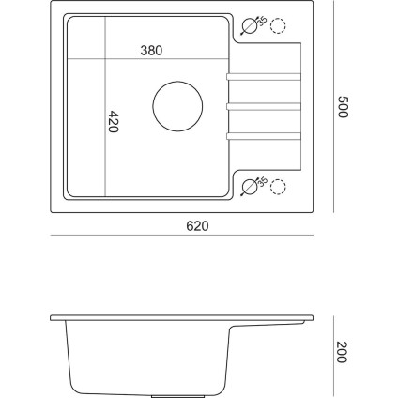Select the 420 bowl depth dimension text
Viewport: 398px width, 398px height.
tap(114, 122)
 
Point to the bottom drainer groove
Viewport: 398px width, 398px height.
tap(266, 139)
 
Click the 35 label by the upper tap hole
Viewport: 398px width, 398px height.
tap(262, 21)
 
